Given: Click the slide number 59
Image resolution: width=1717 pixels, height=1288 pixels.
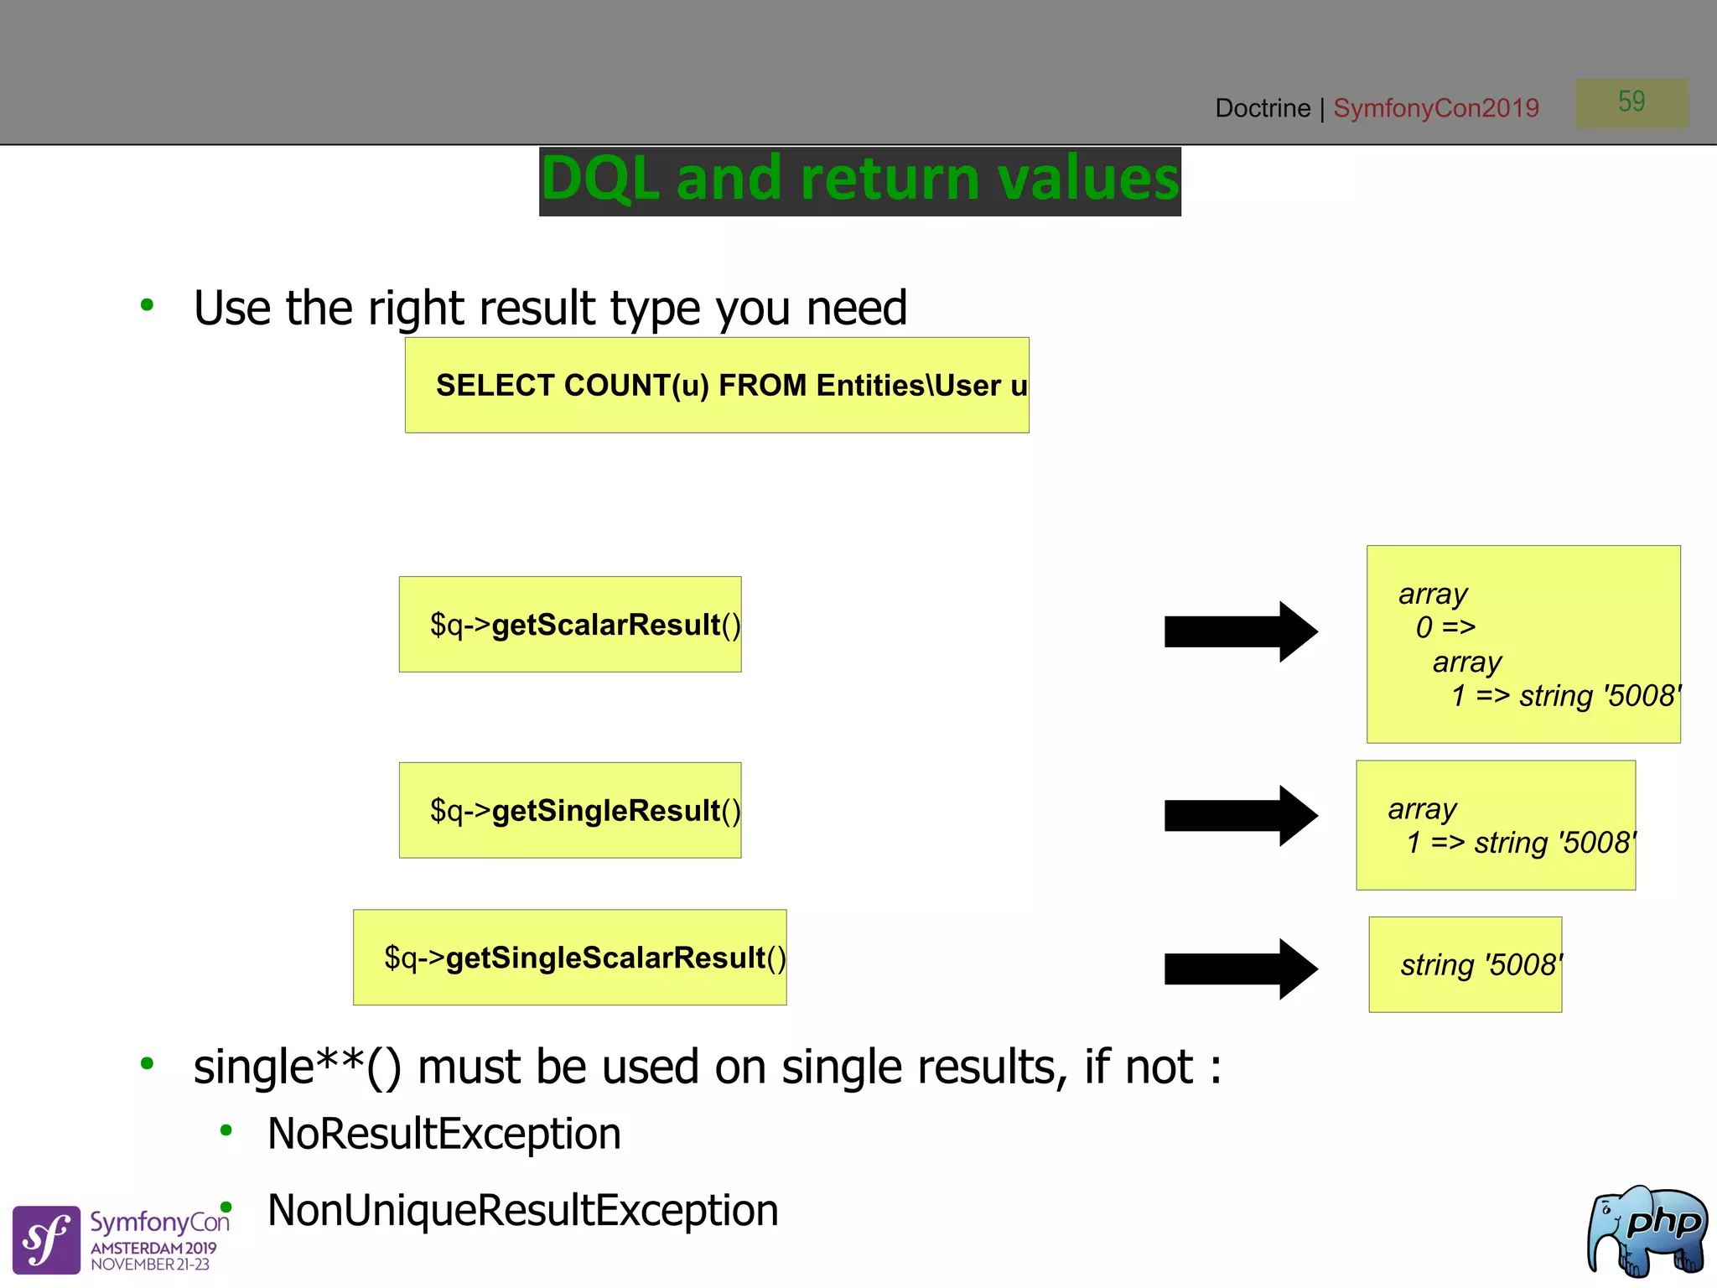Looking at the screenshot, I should coord(1631,102).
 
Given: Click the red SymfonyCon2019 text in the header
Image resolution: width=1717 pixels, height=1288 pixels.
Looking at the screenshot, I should coord(1435,108).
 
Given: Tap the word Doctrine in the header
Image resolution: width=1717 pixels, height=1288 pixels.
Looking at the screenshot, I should coord(1262,108).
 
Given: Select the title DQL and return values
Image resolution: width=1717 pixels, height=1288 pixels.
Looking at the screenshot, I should coord(859,180).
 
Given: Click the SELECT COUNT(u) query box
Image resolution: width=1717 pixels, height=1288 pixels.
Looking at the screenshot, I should coord(717,386).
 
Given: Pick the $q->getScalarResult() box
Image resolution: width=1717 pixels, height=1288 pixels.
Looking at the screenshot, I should coord(570,625).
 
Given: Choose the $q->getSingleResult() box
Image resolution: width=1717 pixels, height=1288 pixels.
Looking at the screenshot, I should coord(570,810).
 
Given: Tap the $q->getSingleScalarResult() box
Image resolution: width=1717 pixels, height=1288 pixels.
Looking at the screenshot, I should coord(570,958).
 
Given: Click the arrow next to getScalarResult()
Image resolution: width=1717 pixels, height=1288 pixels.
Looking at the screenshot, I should coord(1240,631).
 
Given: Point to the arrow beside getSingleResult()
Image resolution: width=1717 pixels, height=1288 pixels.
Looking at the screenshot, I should coord(1240,816).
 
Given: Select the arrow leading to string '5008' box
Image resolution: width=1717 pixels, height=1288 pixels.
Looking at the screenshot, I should coord(1240,969).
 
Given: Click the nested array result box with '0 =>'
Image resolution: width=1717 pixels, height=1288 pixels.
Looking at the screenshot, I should coord(1522,644).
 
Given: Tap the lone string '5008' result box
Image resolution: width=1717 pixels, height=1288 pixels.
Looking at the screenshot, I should coord(1465,964).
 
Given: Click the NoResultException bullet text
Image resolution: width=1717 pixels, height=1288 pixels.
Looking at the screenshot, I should coord(444,1134).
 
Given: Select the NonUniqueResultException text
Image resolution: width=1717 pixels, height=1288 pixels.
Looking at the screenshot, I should coord(522,1211).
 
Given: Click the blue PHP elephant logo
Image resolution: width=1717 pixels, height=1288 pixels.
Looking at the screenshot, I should coord(1647,1230).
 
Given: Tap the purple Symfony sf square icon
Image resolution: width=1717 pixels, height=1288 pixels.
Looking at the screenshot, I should coord(46,1239).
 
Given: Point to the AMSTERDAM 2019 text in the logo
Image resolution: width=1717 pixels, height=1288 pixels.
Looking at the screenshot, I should coord(153,1248).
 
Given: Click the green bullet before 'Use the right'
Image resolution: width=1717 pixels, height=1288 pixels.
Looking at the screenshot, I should coord(148,305).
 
